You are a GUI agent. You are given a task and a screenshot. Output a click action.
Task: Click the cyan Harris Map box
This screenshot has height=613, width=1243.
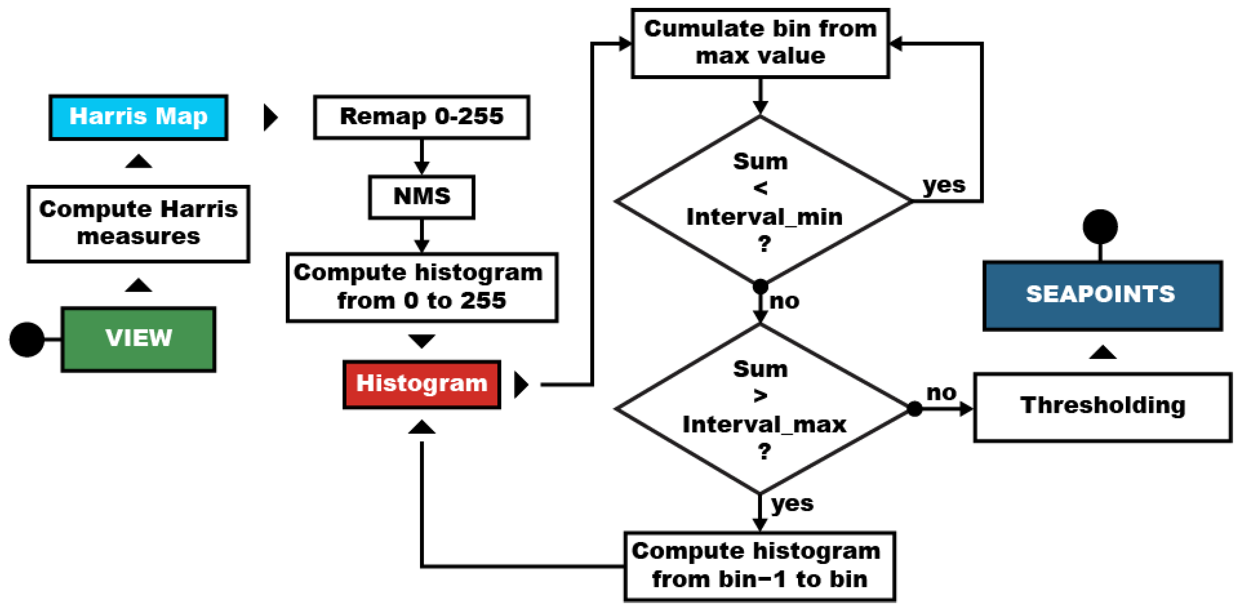tap(138, 117)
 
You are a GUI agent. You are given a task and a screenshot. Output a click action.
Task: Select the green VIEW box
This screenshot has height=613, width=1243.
tap(138, 339)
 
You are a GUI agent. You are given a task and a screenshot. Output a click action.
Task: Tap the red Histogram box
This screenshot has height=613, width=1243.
tap(422, 385)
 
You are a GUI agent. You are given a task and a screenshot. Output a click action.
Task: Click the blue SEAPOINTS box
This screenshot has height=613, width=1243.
tap(1103, 295)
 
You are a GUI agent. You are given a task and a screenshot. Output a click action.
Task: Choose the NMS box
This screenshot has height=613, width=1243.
tap(422, 197)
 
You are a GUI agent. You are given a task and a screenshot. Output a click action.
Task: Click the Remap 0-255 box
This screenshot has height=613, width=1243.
tap(422, 117)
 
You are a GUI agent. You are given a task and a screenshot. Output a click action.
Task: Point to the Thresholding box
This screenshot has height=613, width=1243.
tap(1103, 407)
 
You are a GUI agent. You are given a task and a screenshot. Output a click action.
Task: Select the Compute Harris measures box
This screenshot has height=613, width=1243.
tap(138, 224)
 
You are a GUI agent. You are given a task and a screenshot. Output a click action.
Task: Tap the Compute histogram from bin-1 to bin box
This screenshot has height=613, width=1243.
tap(760, 566)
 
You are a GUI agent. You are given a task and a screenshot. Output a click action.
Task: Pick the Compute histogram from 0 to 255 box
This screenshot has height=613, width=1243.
tap(422, 287)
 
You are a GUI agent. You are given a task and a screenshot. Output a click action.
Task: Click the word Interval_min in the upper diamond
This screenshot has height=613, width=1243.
tap(764, 217)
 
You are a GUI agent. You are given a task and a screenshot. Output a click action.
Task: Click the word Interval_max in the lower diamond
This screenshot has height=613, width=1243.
tap(764, 425)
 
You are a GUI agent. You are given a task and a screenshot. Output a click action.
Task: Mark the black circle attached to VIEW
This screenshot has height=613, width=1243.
tap(27, 340)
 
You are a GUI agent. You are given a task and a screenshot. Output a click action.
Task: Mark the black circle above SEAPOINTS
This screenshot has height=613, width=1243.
tap(1100, 227)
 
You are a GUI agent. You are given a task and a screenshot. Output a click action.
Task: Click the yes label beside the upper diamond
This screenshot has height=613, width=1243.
tap(944, 185)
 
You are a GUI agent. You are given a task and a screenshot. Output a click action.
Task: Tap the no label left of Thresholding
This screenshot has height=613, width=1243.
tap(941, 393)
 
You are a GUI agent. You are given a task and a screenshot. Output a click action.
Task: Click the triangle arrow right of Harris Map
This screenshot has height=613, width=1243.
tap(270, 117)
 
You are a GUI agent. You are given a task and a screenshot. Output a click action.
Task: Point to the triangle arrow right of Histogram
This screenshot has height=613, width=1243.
tap(521, 385)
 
